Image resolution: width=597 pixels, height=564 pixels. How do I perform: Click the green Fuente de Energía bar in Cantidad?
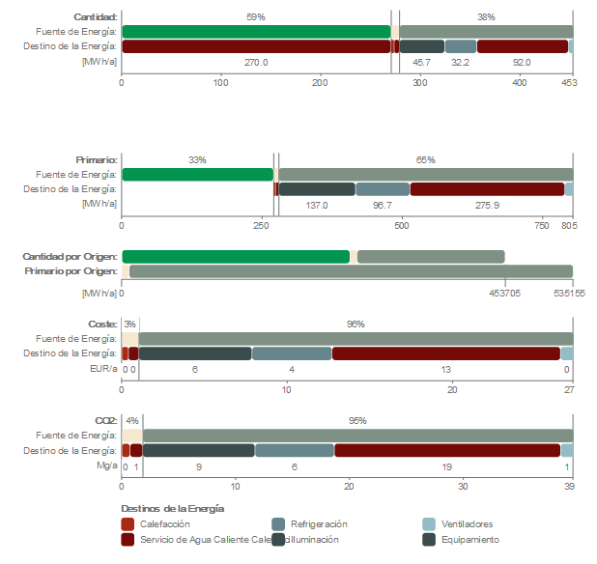coord(256,32)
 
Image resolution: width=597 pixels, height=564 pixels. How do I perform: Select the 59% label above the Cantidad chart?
coord(256,16)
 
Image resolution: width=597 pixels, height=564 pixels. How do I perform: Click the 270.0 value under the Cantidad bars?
coord(256,62)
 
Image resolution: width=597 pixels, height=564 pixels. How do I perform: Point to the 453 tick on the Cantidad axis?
coord(569,84)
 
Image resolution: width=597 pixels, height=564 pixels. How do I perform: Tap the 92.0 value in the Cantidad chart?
coord(522,62)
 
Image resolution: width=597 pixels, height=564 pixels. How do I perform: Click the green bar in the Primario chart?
coord(197,175)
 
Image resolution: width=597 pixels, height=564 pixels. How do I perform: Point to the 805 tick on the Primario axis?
coord(568,226)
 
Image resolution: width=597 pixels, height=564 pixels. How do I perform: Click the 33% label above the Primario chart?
coord(197,159)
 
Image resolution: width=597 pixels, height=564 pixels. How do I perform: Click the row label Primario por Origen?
coord(70,271)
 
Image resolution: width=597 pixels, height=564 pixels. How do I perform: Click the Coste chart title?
coord(103,324)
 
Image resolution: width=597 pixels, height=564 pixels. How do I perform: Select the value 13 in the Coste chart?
coord(445,369)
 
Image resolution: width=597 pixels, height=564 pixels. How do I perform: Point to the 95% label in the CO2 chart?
coord(357,421)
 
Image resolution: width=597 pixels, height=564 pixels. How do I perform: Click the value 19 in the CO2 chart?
coord(446,466)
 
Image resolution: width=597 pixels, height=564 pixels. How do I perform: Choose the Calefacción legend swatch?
coord(128,523)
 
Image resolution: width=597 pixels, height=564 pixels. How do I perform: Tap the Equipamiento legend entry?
coord(469,539)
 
